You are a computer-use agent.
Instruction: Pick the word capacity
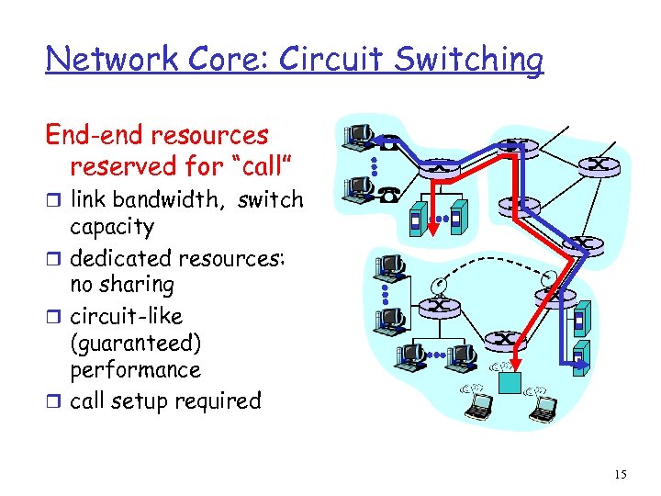click(x=112, y=227)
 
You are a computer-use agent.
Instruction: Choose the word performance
click(x=135, y=370)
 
